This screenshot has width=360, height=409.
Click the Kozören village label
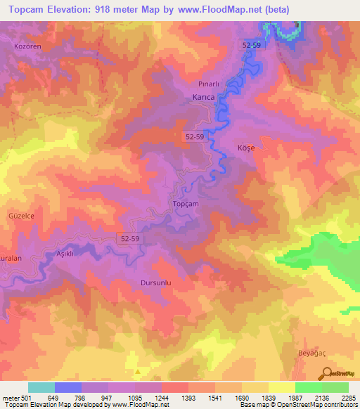(29, 46)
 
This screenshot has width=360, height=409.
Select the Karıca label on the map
(203, 98)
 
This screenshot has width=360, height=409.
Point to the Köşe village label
(243, 148)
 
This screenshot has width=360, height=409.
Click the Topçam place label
(186, 204)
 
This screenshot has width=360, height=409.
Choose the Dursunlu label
(151, 283)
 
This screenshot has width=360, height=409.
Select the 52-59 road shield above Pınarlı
(252, 45)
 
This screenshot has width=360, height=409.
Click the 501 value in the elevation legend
(27, 398)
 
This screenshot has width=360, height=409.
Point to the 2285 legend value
(349, 398)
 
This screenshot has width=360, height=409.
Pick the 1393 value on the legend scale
(188, 398)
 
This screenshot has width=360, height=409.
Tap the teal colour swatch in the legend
(41, 387)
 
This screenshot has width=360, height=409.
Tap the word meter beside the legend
(10, 398)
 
